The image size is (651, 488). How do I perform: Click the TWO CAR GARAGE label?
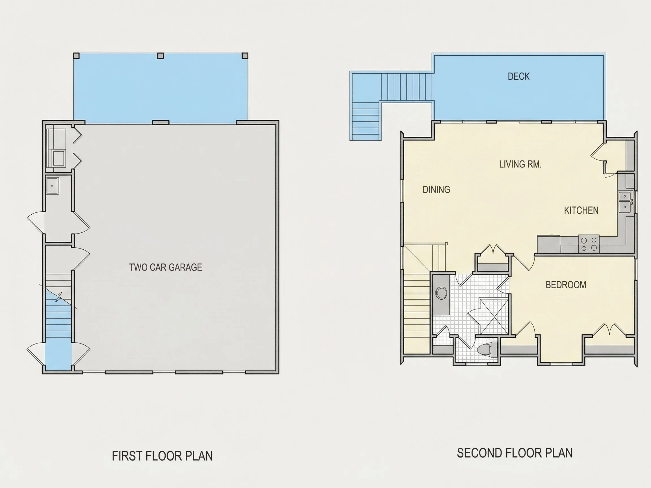coord(165,267)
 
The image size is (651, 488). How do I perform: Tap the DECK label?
coord(518,77)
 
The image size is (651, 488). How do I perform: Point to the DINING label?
coord(436,189)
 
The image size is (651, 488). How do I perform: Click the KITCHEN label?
coord(581,210)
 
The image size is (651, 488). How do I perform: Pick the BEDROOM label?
coord(566,285)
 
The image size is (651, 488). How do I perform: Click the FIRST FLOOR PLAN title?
coord(162,456)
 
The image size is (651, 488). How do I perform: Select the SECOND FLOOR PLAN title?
coord(515,453)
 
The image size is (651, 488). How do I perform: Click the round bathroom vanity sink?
coord(441,293)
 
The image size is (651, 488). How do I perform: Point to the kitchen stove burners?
coord(589,244)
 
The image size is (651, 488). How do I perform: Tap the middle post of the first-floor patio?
coord(160,56)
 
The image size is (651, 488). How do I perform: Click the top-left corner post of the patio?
coord(77,56)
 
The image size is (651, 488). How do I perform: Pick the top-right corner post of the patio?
coord(245,56)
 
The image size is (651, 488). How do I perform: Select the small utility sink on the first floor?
coord(52,185)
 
